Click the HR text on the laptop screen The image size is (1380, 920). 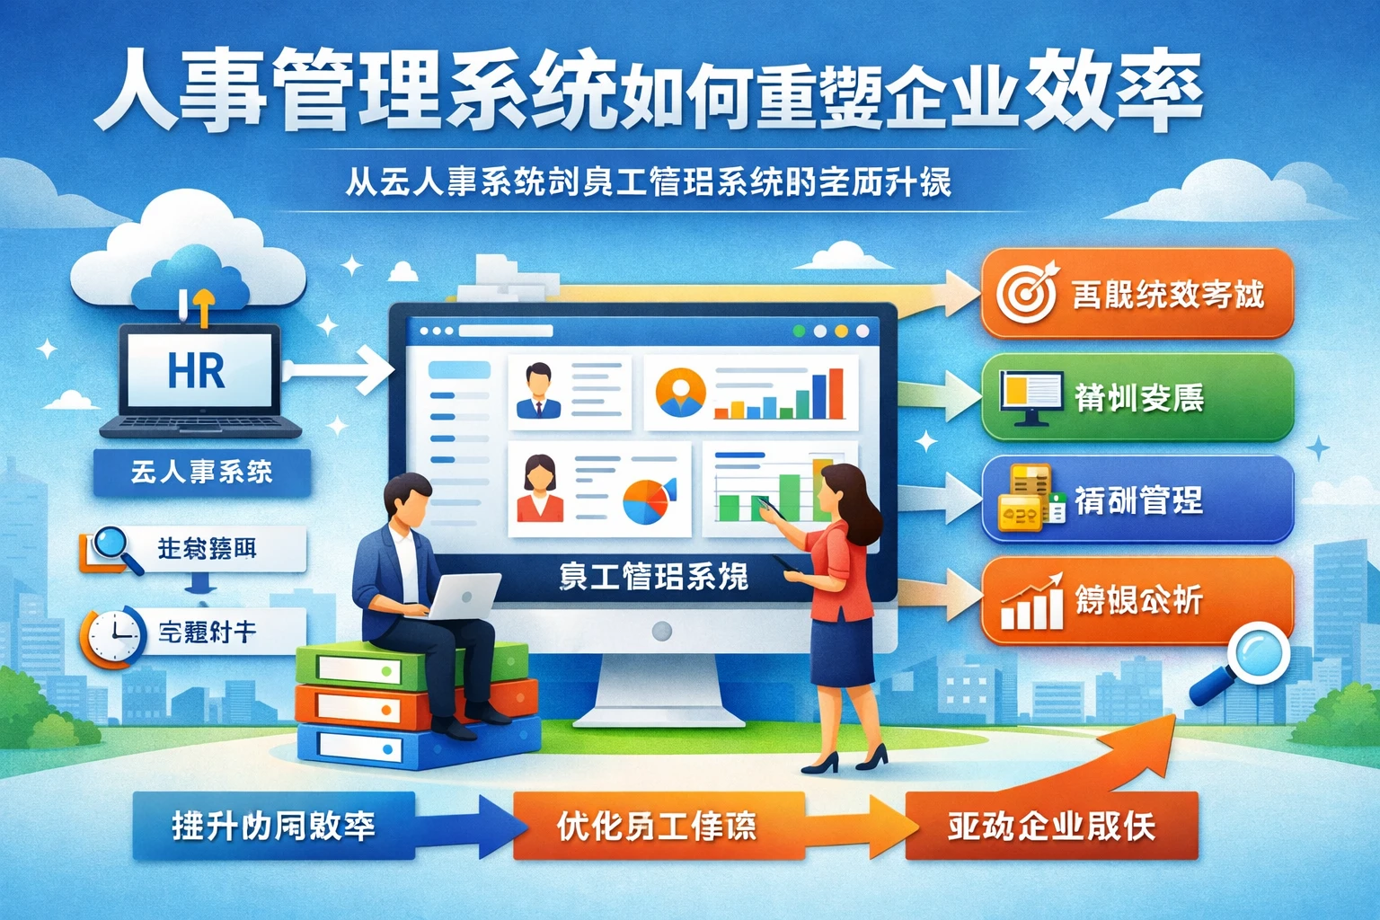click(196, 370)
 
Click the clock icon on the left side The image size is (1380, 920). click(112, 636)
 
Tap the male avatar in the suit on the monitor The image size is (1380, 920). click(538, 391)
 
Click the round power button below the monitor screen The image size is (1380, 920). click(662, 631)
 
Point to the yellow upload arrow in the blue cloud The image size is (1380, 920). click(203, 305)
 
